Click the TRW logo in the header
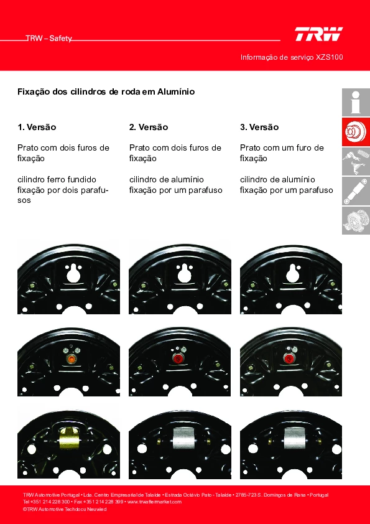coord(318,34)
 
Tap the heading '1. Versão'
coord(37,128)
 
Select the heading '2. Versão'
coord(149,128)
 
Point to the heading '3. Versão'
coord(259,128)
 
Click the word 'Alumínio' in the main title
coord(176,91)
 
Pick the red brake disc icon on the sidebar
coord(356,132)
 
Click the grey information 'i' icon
coord(356,102)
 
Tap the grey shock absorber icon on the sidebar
coord(356,191)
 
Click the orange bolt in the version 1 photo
coord(71,359)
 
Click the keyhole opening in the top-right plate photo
coord(293,273)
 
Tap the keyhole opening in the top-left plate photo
coord(73,273)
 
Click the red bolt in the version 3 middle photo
coord(289,358)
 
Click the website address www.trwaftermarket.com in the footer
coord(154,502)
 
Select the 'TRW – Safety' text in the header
coord(49,39)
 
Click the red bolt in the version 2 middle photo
coord(178,358)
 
